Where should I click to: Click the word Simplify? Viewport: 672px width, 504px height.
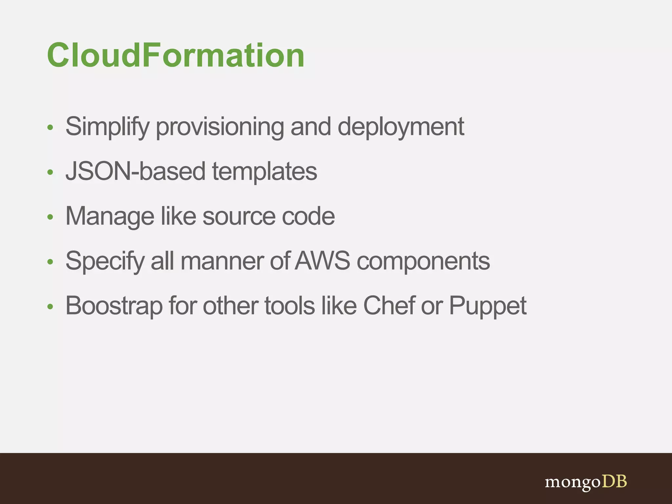click(107, 127)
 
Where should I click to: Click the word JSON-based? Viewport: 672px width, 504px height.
click(136, 171)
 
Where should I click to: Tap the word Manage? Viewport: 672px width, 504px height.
click(110, 216)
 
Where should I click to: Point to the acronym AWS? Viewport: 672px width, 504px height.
click(323, 261)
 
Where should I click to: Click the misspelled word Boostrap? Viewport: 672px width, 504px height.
click(114, 306)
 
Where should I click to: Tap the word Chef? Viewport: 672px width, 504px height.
click(389, 306)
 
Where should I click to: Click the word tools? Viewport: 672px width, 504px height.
click(289, 306)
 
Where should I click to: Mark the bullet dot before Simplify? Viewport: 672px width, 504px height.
click(50, 127)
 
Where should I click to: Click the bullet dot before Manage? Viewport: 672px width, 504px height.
click(50, 217)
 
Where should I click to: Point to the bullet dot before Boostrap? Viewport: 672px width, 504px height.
click(50, 306)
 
